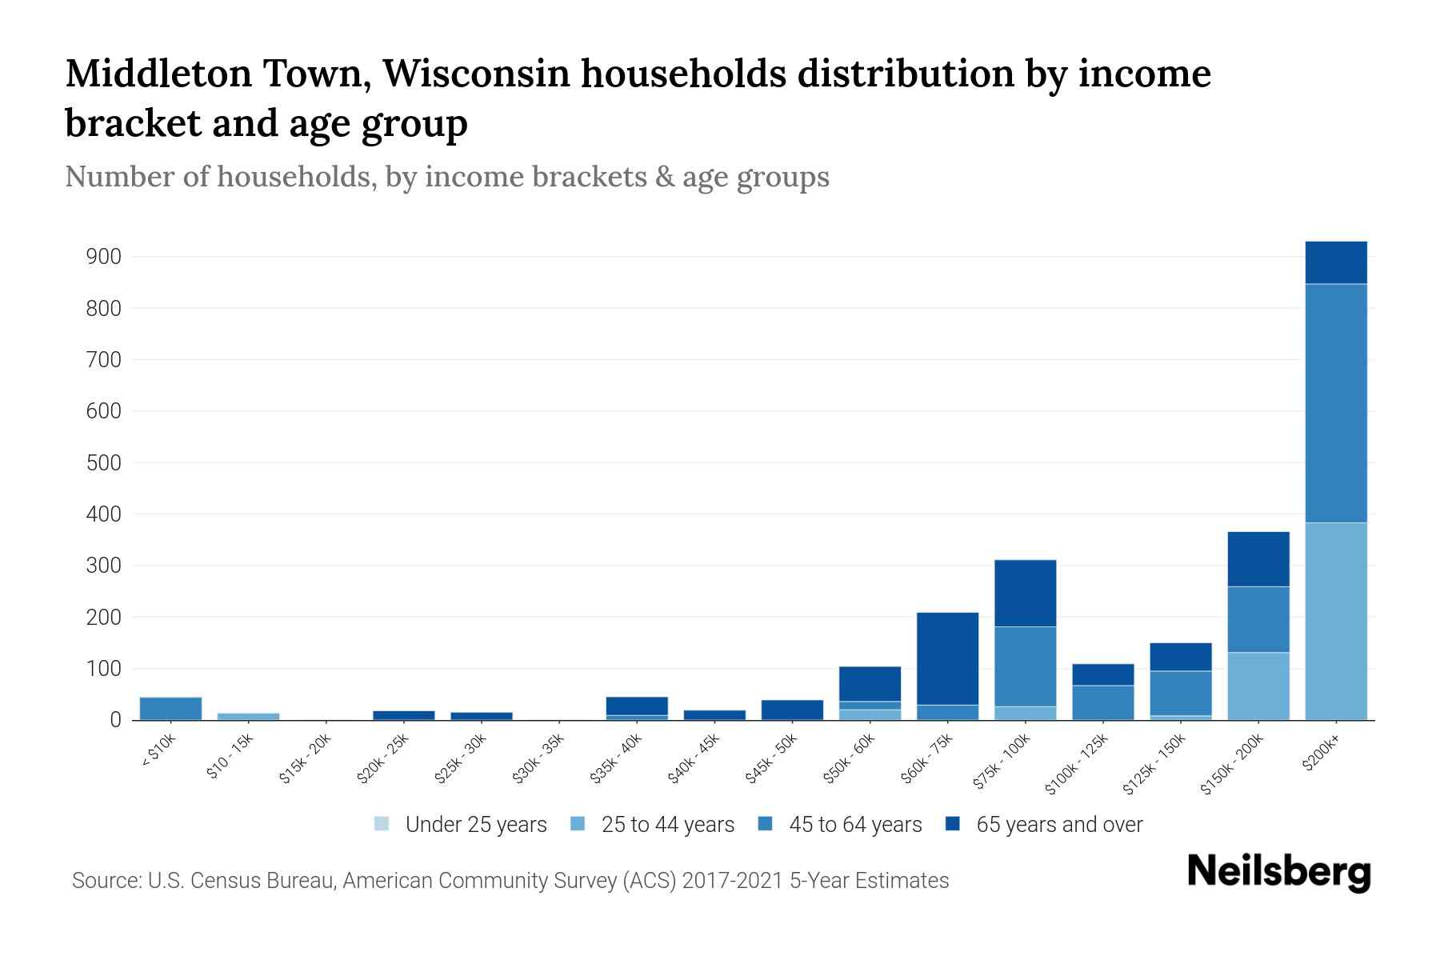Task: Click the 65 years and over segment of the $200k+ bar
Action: point(1335,262)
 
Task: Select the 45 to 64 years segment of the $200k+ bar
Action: point(1335,403)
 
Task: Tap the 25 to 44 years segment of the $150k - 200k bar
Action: point(1258,686)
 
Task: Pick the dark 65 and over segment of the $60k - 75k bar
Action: point(947,658)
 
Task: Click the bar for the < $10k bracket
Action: point(170,709)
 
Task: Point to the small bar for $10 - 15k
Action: point(248,716)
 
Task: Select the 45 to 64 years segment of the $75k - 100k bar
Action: point(1025,666)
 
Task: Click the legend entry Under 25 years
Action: point(475,825)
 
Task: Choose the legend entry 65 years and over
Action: point(1058,825)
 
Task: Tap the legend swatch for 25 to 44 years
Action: point(578,824)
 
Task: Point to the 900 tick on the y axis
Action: point(103,258)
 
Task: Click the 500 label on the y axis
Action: point(103,463)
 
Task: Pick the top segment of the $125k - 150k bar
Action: point(1180,657)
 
